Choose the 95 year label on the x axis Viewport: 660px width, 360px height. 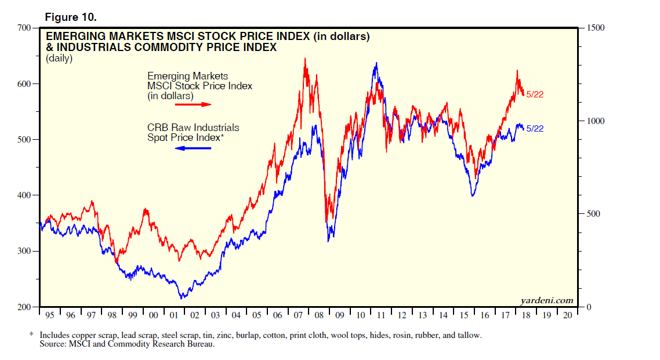coord(50,315)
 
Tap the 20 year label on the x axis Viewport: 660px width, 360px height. coord(567,315)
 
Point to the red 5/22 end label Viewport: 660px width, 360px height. coord(534,94)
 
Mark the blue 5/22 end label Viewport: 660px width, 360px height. coord(534,129)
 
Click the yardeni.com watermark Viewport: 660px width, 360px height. coord(547,300)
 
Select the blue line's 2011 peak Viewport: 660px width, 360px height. coord(376,63)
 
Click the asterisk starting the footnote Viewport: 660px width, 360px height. coord(31,336)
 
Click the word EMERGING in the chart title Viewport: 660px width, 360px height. coord(76,37)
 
